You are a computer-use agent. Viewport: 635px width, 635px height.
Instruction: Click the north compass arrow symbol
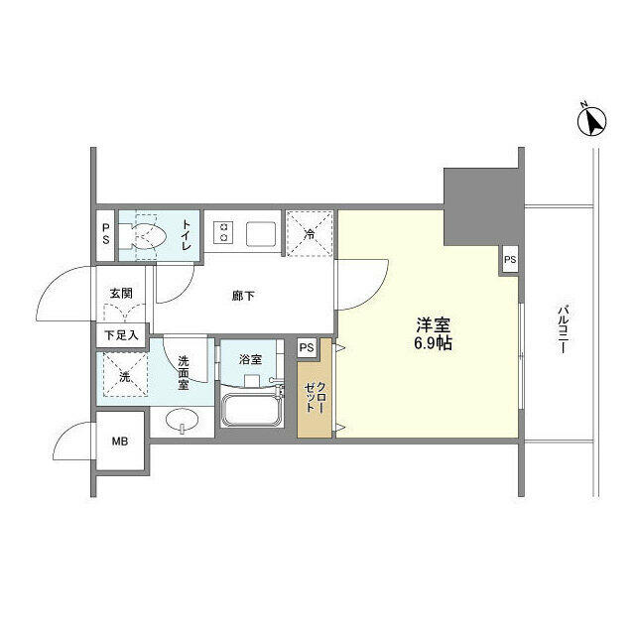coord(593,120)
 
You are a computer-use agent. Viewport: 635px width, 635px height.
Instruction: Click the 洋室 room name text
coord(433,324)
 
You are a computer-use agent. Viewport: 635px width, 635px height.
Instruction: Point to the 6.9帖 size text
coord(433,345)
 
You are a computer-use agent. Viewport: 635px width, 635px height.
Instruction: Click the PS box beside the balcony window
coord(509,260)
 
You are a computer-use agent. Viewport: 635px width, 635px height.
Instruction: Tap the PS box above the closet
coord(307,347)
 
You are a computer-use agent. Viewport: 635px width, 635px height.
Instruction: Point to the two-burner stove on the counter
coord(223,234)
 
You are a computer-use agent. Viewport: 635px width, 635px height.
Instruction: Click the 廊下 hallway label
coord(244,295)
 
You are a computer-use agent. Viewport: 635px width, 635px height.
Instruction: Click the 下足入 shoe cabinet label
coord(121,334)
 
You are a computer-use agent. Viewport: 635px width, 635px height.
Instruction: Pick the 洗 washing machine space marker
coord(123,376)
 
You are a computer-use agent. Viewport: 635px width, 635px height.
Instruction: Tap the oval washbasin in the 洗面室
coord(182,421)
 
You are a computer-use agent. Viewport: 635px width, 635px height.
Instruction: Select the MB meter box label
coord(119,443)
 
